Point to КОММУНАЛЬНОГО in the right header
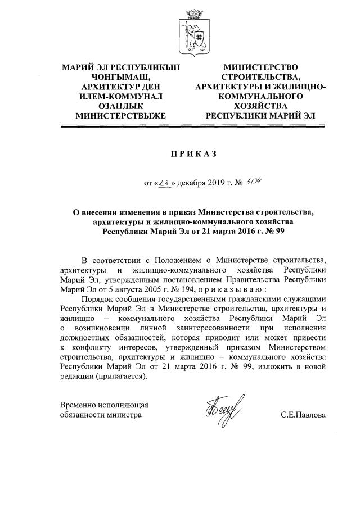[x=261, y=96]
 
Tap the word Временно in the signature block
[x=79, y=405]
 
